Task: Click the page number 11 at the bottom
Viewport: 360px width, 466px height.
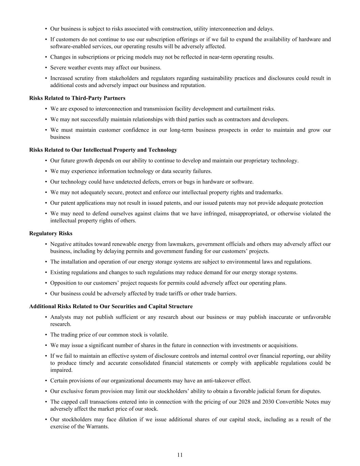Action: [x=180, y=455]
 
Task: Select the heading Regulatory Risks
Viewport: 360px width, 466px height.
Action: [x=51, y=234]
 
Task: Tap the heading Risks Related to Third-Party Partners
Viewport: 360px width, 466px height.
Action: [x=77, y=98]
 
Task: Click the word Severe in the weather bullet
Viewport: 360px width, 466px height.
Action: [x=58, y=68]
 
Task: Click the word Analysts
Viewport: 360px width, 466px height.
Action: [x=60, y=317]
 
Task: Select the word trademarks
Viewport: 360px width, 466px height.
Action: [x=269, y=193]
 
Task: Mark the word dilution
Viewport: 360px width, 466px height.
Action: [x=127, y=420]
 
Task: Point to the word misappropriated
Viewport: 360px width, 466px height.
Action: [x=250, y=214]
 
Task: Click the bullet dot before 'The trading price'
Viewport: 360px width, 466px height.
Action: [x=46, y=335]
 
